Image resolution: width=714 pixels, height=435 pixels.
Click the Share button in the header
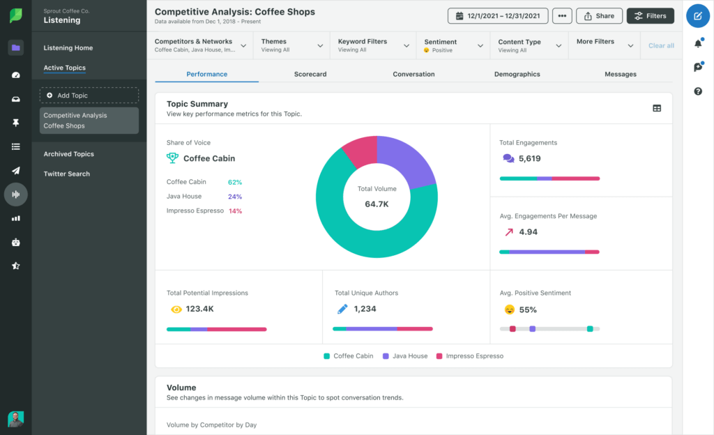(599, 15)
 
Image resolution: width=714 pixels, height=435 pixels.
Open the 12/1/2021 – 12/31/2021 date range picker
(498, 15)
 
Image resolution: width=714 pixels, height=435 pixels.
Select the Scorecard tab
(310, 74)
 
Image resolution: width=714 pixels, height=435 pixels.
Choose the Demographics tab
(517, 74)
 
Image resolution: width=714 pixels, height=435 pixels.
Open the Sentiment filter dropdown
(454, 45)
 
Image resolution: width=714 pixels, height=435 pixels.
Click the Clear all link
(661, 45)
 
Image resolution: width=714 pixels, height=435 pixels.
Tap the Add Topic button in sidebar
(89, 95)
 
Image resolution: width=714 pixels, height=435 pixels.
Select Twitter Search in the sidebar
(67, 174)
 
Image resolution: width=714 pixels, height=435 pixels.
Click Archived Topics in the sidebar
(69, 154)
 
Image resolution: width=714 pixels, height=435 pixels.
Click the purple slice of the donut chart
(408, 160)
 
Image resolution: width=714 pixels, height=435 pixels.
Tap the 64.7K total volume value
(377, 204)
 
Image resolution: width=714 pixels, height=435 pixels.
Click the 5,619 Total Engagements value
(529, 158)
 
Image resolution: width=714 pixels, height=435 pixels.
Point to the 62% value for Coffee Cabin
(235, 182)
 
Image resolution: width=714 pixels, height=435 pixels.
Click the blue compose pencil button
(698, 15)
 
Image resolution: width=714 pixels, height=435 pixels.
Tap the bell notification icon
(698, 44)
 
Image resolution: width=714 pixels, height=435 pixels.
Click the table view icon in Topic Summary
(657, 108)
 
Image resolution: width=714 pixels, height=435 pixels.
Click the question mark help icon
(698, 91)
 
